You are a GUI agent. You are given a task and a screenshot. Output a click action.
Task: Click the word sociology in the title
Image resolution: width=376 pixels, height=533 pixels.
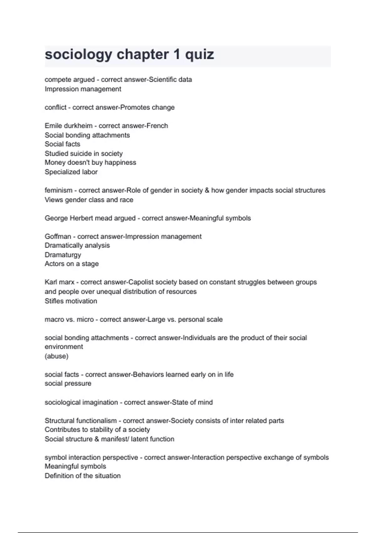click(78, 55)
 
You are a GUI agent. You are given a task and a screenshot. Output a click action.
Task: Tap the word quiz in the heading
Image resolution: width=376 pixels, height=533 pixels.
click(200, 55)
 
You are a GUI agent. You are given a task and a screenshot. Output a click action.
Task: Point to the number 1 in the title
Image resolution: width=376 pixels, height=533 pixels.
click(177, 55)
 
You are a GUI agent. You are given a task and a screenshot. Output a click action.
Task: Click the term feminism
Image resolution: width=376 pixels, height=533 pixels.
click(58, 190)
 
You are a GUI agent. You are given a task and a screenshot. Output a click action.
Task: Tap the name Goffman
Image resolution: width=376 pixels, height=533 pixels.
click(58, 236)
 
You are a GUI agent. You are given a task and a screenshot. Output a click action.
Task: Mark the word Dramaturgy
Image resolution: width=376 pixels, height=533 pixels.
click(63, 255)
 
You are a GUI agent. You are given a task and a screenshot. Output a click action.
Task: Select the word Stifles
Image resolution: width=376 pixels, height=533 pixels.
click(54, 301)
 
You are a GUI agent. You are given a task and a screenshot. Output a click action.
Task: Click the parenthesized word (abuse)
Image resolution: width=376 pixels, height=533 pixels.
click(56, 356)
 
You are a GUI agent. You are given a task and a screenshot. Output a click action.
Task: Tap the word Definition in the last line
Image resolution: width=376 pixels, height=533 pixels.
click(59, 476)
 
